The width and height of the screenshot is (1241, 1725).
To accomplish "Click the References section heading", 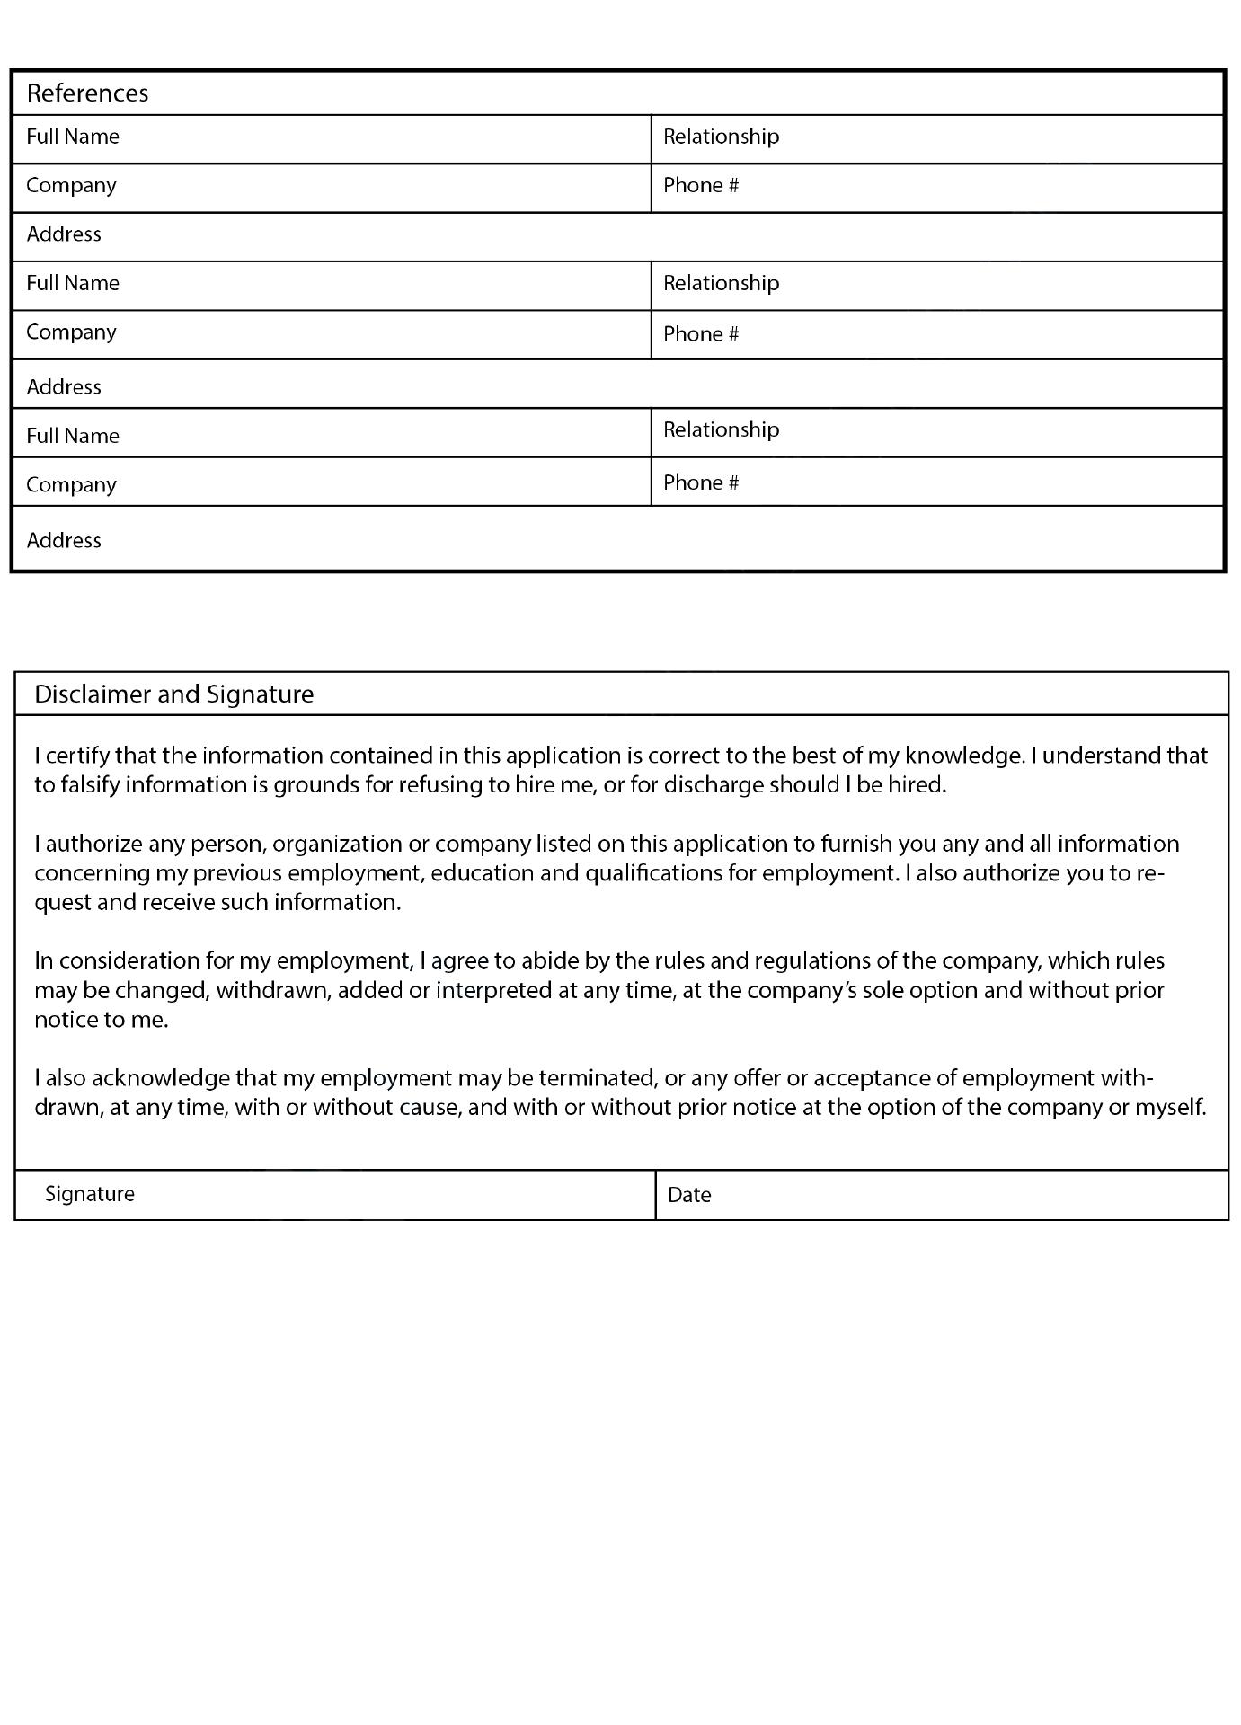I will pos(87,93).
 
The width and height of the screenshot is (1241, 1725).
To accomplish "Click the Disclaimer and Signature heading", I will pos(173,694).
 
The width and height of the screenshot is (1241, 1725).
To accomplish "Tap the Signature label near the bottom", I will pos(90,1194).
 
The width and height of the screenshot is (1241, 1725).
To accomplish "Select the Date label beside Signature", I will pos(689,1195).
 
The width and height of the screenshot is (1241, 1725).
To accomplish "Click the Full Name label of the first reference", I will pos(73,137).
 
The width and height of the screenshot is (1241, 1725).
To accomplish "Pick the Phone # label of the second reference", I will pos(701,334).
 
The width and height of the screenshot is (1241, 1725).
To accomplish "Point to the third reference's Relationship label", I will pos(721,429).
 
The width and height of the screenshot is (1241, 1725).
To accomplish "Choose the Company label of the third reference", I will pos(71,485).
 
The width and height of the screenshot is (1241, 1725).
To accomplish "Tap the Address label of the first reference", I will pos(64,234).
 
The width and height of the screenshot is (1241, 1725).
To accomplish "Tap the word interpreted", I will pos(492,991).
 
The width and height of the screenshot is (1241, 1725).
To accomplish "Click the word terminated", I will pos(598,1078).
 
